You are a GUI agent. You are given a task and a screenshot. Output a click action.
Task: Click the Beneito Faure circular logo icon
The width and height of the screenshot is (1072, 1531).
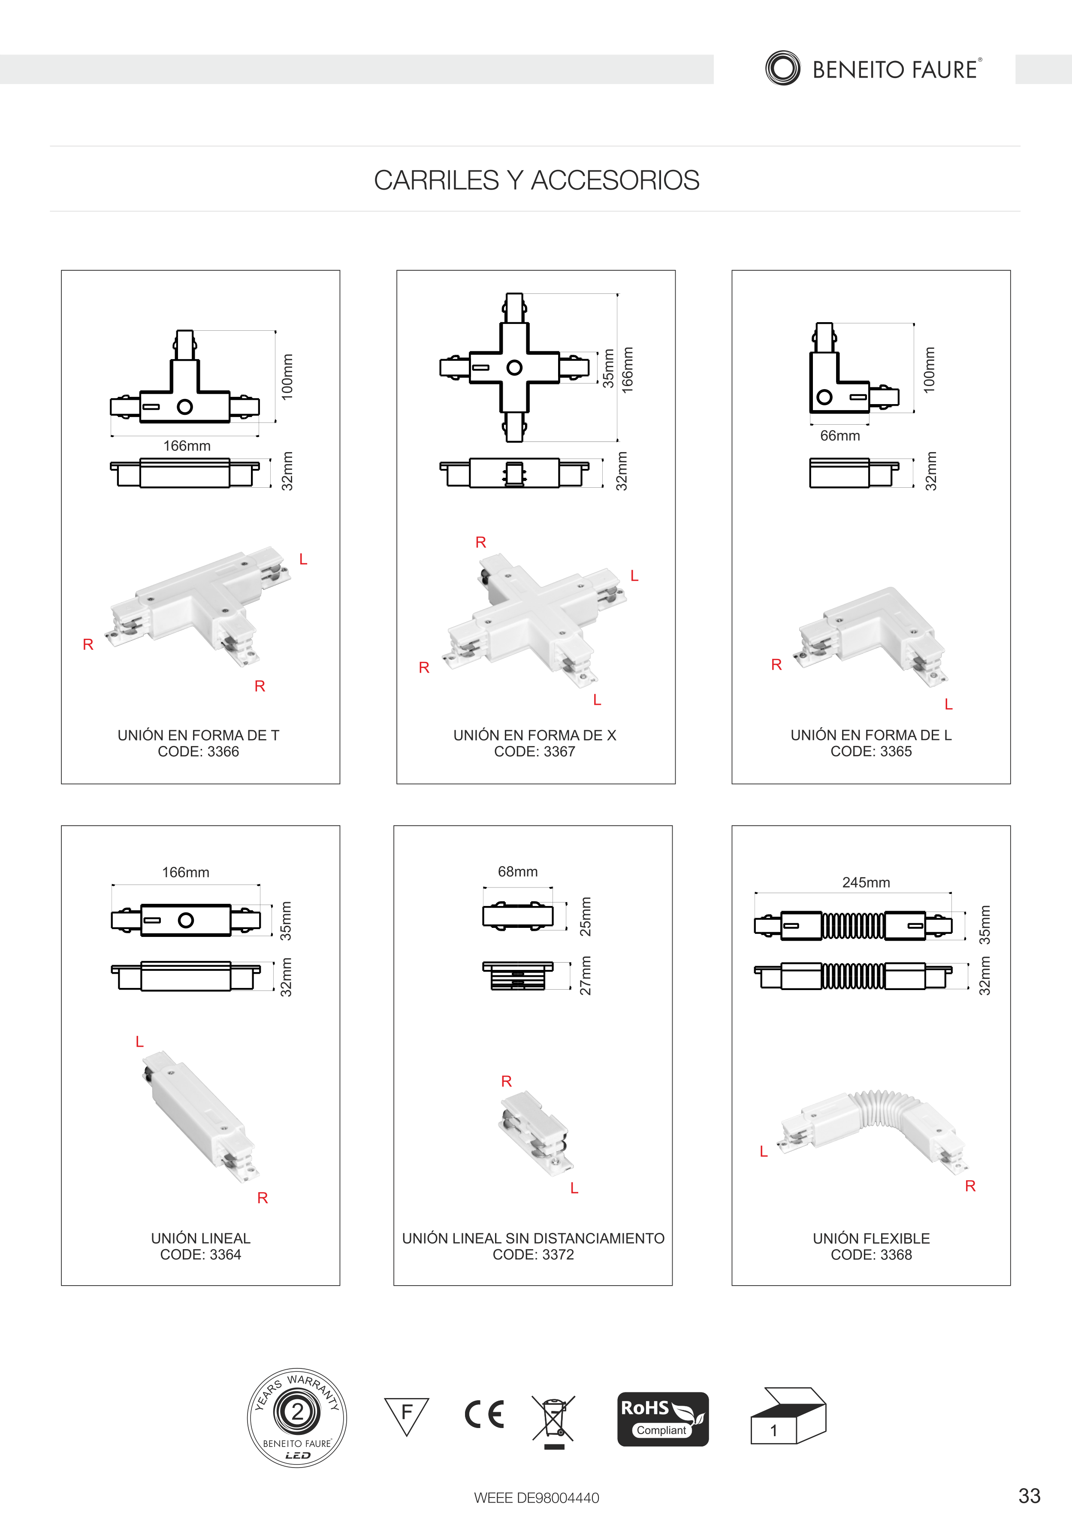click(x=783, y=68)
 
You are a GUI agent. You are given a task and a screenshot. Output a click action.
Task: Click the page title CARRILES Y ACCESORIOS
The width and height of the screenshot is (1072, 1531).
click(x=537, y=180)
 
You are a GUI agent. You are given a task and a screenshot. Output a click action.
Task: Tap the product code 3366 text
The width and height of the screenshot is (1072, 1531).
click(x=199, y=752)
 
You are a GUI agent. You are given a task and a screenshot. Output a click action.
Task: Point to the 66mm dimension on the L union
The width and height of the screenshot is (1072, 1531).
click(x=840, y=435)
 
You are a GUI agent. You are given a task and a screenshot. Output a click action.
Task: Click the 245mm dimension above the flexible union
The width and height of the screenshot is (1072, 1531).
click(x=866, y=882)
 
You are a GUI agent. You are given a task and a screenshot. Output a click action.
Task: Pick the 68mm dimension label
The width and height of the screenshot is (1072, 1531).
click(x=518, y=872)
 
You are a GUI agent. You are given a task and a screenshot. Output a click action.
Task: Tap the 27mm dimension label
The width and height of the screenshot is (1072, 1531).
click(x=586, y=975)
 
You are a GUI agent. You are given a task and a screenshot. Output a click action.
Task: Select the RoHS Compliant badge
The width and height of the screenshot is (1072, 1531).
click(x=663, y=1419)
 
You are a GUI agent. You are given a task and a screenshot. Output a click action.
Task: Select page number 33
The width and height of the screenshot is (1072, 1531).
click(x=1030, y=1496)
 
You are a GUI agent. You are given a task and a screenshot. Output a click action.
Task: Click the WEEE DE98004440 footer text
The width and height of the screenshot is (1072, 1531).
click(x=537, y=1498)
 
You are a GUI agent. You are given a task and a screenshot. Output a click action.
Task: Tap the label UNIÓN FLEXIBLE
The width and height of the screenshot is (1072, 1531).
click(x=871, y=1238)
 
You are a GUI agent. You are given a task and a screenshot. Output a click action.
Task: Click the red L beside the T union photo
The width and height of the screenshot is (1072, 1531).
click(x=303, y=559)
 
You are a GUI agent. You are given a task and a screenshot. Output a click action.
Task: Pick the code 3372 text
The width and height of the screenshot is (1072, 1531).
click(x=533, y=1254)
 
